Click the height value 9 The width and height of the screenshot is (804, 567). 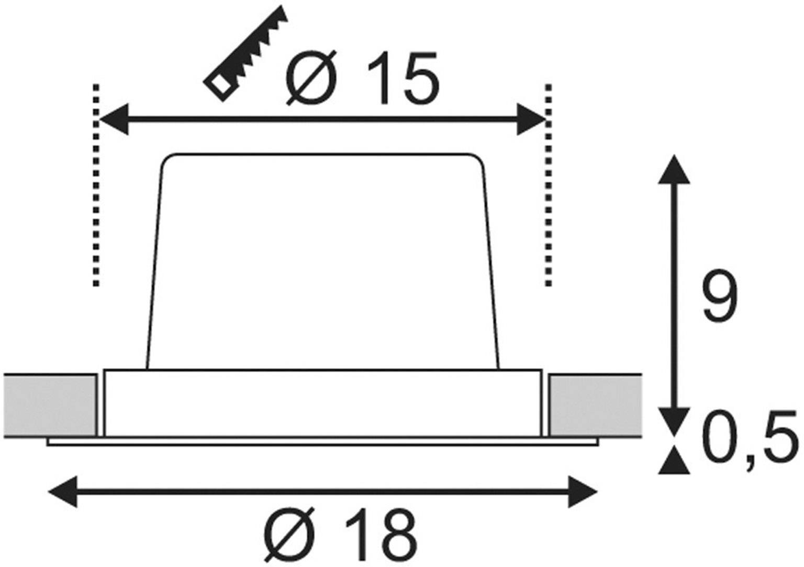(720, 297)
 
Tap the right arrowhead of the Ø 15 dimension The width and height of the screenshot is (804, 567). (531, 120)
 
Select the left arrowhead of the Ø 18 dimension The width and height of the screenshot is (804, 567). (62, 492)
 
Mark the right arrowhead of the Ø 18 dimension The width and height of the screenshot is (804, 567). (582, 492)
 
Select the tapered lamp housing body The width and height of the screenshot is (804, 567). (322, 262)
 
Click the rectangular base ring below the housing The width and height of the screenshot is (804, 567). (322, 403)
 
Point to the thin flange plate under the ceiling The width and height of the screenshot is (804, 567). (322, 442)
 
